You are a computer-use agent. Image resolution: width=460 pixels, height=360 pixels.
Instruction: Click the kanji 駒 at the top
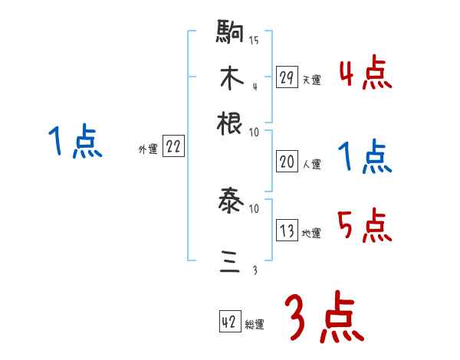(x=230, y=33)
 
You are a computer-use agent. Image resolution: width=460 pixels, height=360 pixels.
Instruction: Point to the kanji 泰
(x=230, y=203)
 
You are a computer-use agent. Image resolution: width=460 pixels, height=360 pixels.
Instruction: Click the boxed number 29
(x=287, y=77)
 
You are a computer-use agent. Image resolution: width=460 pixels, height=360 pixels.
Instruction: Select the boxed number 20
(x=287, y=162)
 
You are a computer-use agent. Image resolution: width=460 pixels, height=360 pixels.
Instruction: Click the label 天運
(x=310, y=79)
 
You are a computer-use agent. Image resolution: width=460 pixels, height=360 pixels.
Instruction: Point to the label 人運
(x=310, y=164)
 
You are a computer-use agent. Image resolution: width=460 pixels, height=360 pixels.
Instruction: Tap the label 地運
(x=310, y=233)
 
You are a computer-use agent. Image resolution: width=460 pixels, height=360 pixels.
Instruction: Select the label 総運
(x=255, y=324)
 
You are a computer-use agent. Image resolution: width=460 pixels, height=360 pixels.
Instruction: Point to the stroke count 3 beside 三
(x=254, y=270)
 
